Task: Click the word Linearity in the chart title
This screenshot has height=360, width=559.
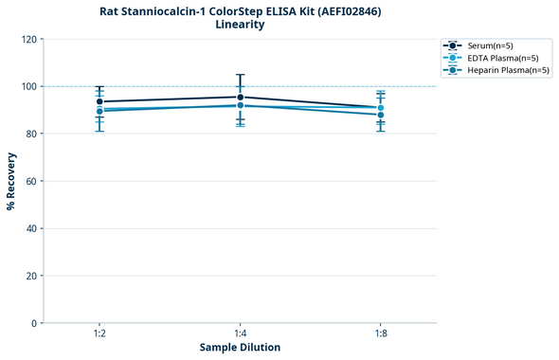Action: pyautogui.click(x=240, y=25)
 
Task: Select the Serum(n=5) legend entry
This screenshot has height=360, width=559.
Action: pyautogui.click(x=489, y=45)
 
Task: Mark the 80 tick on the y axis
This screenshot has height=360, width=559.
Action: pyautogui.click(x=31, y=134)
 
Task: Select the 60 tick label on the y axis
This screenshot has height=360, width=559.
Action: pyautogui.click(x=31, y=181)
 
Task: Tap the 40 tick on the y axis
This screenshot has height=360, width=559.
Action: pyautogui.click(x=31, y=228)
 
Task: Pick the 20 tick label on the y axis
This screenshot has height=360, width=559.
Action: pyautogui.click(x=31, y=276)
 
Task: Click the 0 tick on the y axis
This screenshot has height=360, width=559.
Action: pyautogui.click(x=34, y=323)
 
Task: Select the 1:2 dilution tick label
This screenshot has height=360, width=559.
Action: pyautogui.click(x=99, y=333)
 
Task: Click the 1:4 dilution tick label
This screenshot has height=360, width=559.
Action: pyautogui.click(x=240, y=333)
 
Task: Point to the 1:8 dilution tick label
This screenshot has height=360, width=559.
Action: pyautogui.click(x=380, y=333)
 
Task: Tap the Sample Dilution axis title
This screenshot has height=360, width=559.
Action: pyautogui.click(x=240, y=348)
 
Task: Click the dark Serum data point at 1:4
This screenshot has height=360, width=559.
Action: pyautogui.click(x=240, y=97)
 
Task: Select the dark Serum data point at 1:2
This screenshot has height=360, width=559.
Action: pyautogui.click(x=99, y=101)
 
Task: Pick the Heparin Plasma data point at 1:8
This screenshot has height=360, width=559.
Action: pyautogui.click(x=380, y=115)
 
